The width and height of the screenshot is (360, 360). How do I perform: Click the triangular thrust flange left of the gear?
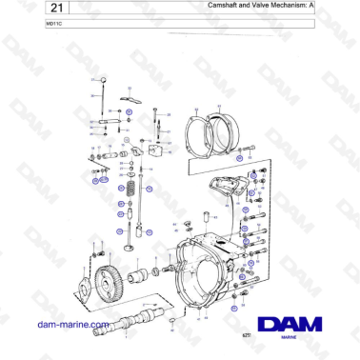tap(86, 286)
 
